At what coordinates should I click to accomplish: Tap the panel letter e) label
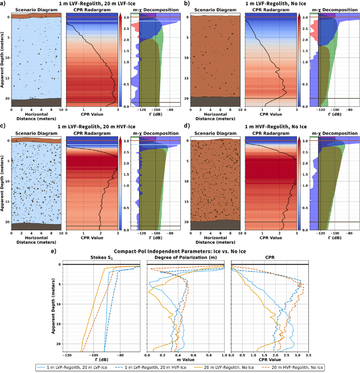[x=54, y=251]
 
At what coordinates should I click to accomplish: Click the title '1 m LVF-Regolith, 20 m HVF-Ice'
[x=96, y=127]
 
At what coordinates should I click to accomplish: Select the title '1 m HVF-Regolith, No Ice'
[x=276, y=127]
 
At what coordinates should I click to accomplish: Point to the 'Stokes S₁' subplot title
[x=101, y=258]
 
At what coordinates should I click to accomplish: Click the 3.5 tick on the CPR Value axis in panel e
[x=308, y=355]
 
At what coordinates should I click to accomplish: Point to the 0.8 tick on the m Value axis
[x=209, y=355]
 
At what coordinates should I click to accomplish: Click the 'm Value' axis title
[x=186, y=360]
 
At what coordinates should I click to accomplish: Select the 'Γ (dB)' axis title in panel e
[x=101, y=360]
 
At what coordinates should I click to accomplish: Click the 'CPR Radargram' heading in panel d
[x=271, y=133]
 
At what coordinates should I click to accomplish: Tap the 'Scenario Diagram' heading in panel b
[x=215, y=10]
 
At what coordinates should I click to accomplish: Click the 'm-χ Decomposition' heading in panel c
[x=156, y=133]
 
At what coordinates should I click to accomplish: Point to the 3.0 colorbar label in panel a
[x=126, y=17]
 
